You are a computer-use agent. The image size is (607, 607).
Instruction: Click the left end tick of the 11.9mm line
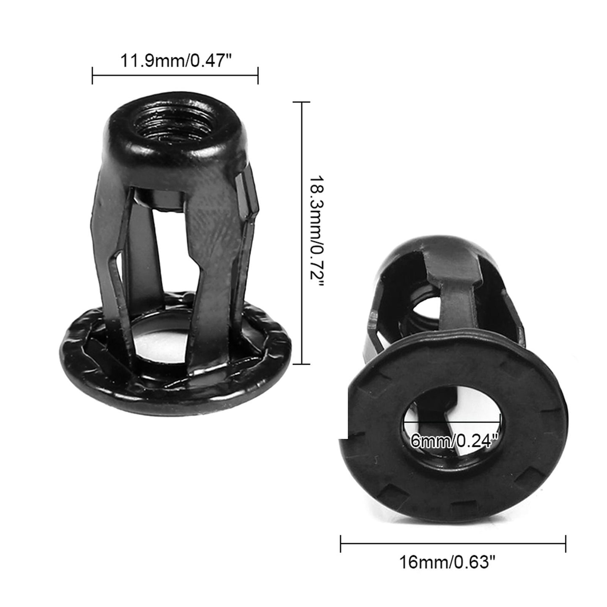tap(92, 76)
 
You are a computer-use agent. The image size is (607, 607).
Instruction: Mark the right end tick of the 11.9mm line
tap(258, 76)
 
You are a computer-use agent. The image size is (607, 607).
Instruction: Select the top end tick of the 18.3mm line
tap(301, 102)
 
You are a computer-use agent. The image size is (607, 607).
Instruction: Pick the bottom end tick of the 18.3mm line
tap(301, 364)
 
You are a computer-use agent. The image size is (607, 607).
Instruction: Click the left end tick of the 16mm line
tap(341, 543)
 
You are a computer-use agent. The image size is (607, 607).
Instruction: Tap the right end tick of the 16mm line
tap(566, 543)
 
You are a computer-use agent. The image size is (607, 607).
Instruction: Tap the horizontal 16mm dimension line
tap(453, 543)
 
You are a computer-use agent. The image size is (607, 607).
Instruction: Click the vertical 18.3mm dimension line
tap(301, 168)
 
